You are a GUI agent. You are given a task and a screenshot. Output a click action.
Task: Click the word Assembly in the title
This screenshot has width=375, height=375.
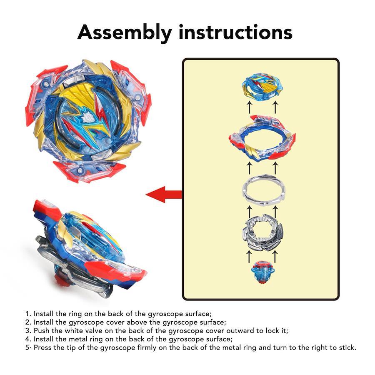pos(125,32)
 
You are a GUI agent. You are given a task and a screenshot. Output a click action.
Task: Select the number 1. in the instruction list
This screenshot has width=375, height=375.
pos(28,313)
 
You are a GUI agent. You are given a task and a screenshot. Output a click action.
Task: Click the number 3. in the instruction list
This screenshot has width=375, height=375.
pos(28,330)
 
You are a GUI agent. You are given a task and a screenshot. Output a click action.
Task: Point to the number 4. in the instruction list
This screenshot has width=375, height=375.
pos(28,339)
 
